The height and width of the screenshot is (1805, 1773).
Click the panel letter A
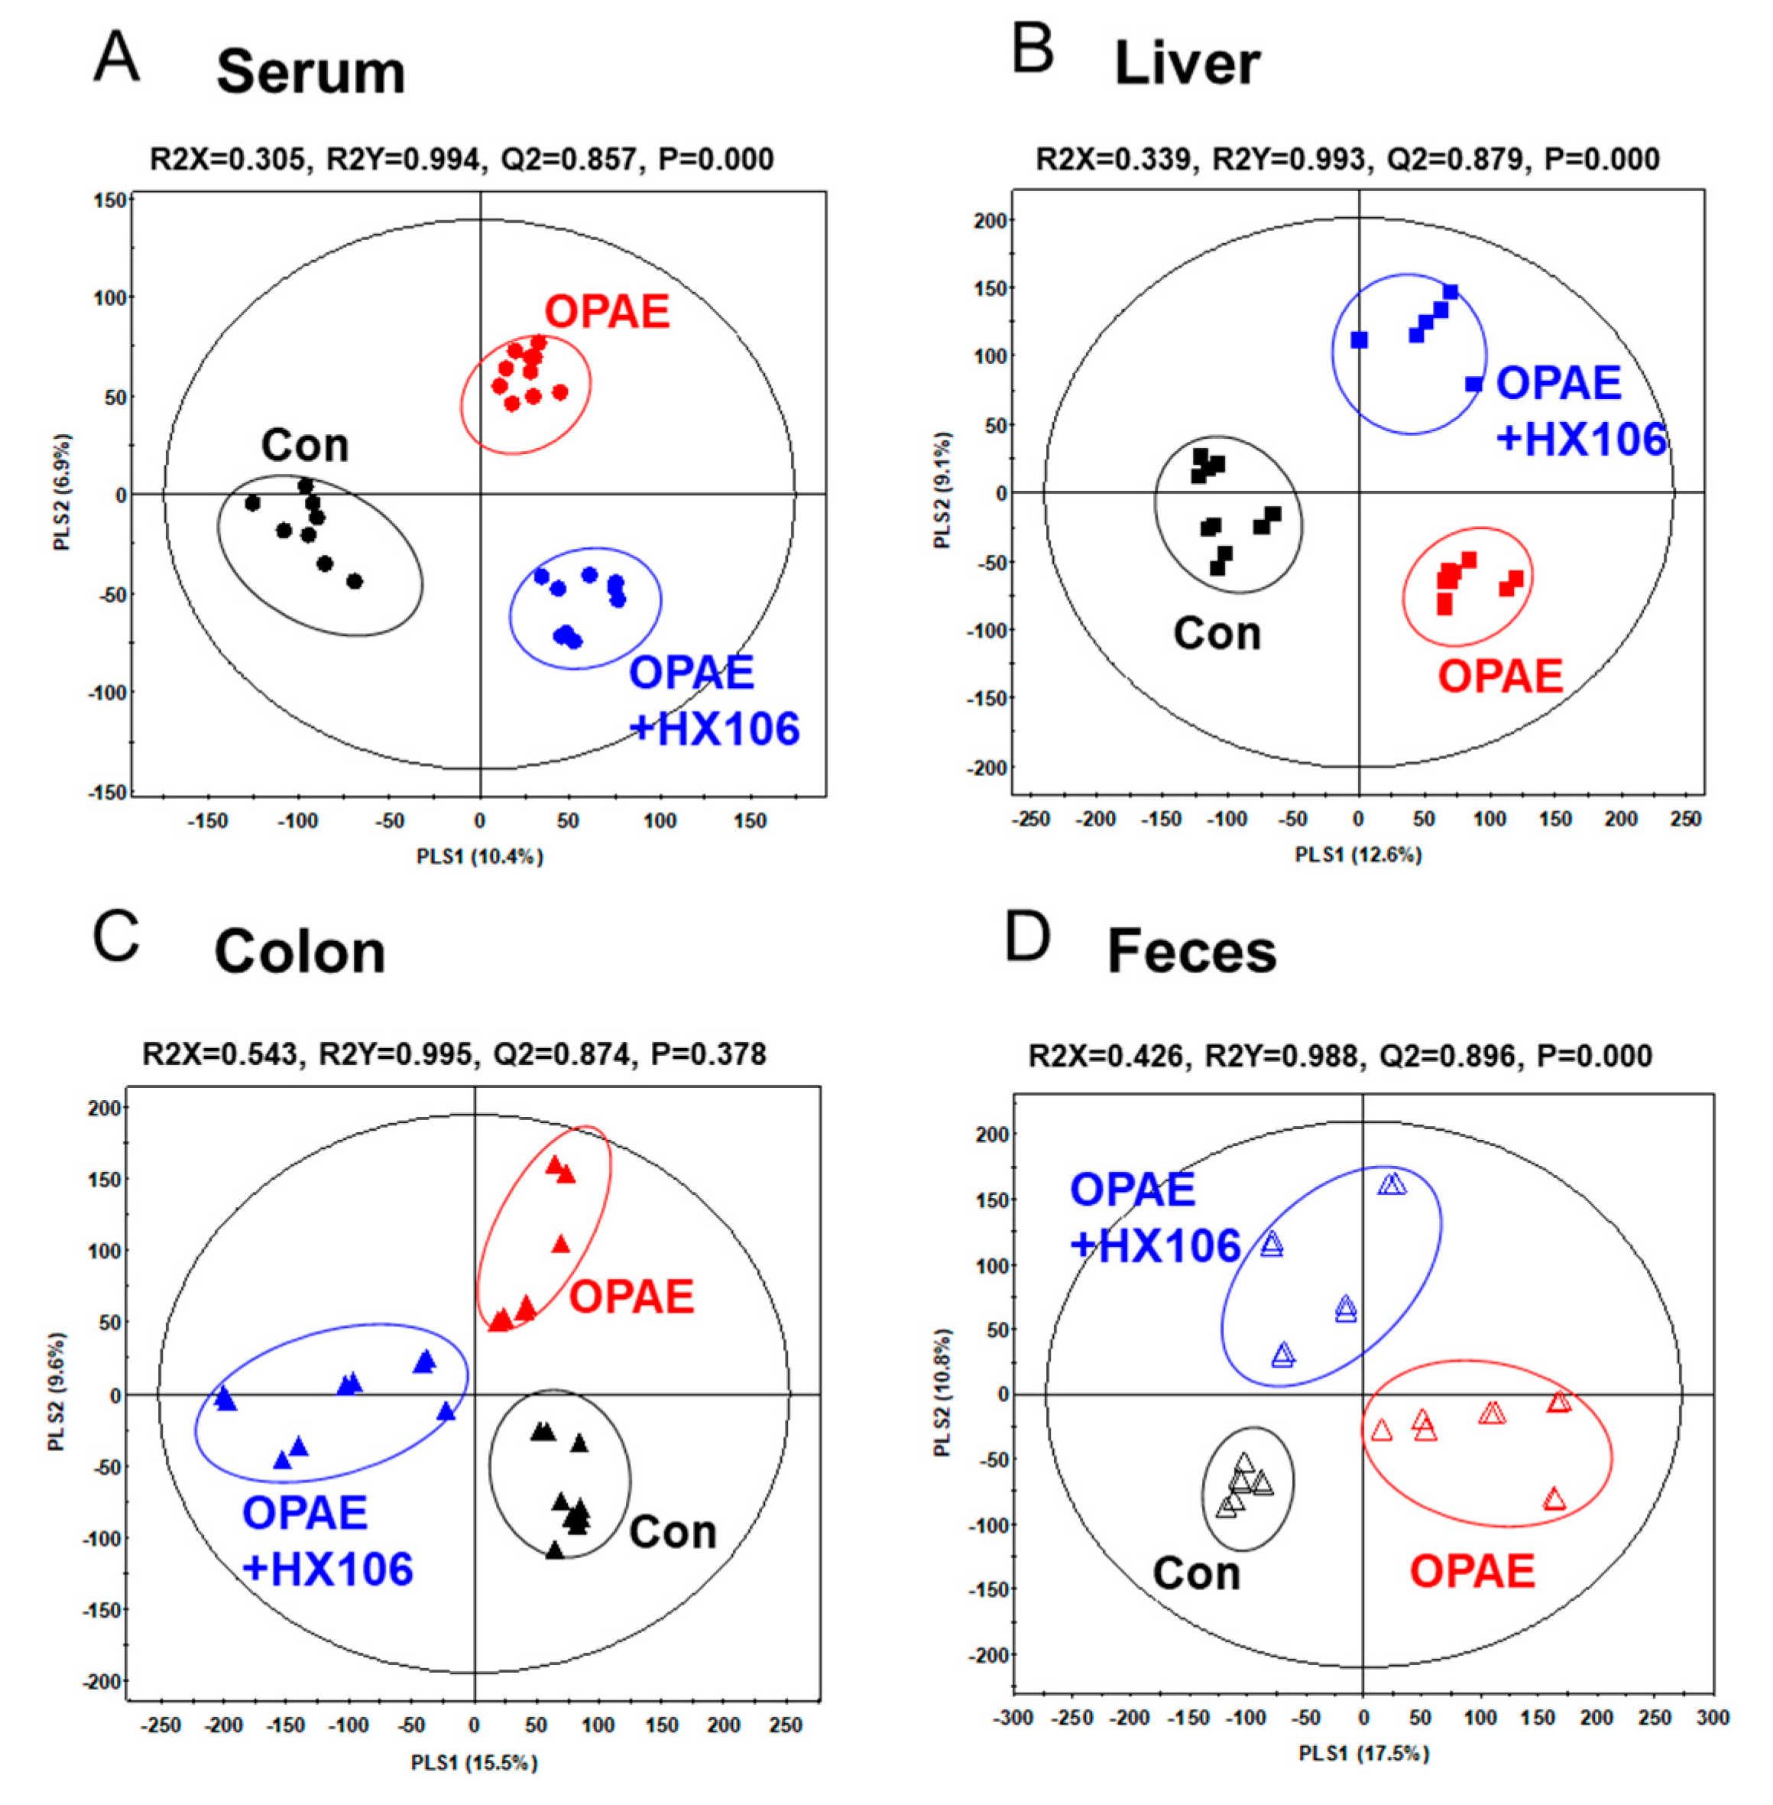tap(116, 58)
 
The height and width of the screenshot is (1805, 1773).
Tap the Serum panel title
tap(311, 73)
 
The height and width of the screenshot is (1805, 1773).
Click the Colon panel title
tap(300, 952)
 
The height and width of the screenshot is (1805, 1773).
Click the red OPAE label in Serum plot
tap(607, 312)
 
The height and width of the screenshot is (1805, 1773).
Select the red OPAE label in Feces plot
tap(1471, 1572)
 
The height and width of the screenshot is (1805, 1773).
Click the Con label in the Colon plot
tap(673, 1532)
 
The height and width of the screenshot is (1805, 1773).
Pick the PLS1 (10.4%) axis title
tap(480, 856)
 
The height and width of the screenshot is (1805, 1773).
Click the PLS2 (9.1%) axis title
tap(943, 491)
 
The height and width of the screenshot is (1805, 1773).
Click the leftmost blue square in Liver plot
tap(1359, 340)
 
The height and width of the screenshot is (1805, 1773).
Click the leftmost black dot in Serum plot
tap(252, 503)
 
